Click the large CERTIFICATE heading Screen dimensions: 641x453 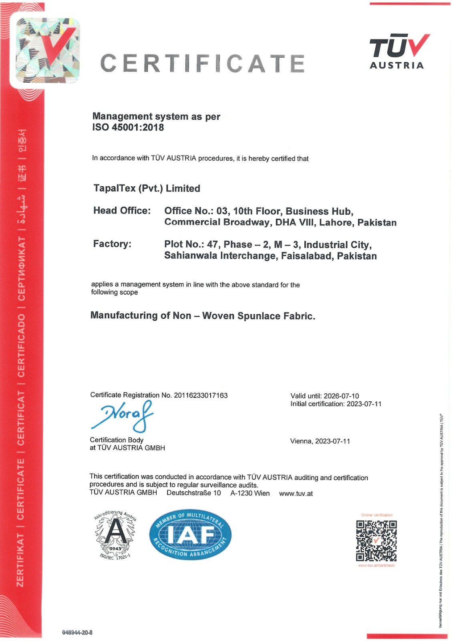point(202,64)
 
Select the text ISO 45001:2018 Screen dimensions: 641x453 point(128,127)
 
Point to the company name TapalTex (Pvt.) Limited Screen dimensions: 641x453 point(147,188)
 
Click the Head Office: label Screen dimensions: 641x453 point(122,211)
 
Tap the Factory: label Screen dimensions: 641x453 point(112,244)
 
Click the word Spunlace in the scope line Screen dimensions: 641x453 point(259,316)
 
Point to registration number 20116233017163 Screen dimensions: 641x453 point(201,395)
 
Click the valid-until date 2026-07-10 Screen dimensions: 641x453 point(341,396)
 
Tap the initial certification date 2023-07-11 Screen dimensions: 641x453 point(364,404)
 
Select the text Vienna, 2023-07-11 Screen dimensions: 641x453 point(320,441)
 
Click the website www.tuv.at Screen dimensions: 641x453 point(296,494)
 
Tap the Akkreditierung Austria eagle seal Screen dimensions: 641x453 point(115,535)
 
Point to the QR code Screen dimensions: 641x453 point(376,541)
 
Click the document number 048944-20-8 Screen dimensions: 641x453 point(77,632)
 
